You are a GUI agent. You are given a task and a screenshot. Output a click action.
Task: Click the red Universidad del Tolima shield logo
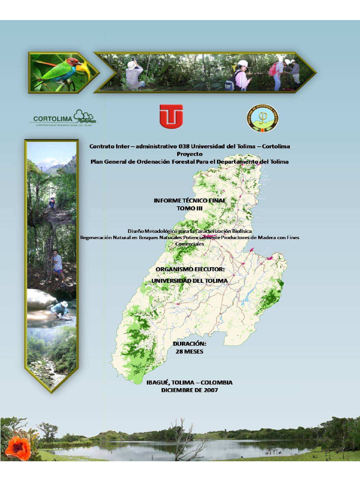point(171,116)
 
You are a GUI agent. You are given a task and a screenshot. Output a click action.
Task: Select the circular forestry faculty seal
point(262,118)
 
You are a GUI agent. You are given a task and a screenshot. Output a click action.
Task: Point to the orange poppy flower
point(18,448)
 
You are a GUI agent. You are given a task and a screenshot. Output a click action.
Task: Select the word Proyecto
point(189,154)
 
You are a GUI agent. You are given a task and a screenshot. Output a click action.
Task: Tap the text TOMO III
point(189,208)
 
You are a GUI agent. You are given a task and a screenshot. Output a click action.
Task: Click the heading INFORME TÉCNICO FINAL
point(189,200)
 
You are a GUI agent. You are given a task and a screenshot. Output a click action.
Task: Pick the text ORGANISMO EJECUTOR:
point(190,270)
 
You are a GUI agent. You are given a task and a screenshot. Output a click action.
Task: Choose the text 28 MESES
point(189,351)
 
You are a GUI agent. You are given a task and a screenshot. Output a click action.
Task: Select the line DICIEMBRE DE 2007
point(189,390)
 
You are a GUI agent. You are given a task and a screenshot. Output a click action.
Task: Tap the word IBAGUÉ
point(158,382)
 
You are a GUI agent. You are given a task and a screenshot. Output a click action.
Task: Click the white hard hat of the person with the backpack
point(243,63)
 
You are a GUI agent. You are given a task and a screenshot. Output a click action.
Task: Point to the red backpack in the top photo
point(273,69)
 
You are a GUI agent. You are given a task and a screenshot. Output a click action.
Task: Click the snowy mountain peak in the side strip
point(48,163)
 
